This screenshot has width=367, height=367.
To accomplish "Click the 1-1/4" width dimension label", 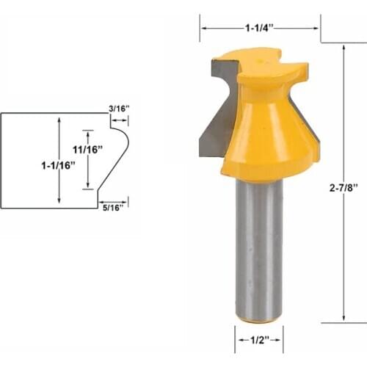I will (x=260, y=28).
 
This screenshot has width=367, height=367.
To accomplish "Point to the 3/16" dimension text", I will (x=119, y=108).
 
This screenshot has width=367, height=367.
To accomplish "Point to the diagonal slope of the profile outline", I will (x=110, y=165).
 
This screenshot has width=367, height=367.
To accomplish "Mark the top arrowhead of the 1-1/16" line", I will (x=58, y=117).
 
